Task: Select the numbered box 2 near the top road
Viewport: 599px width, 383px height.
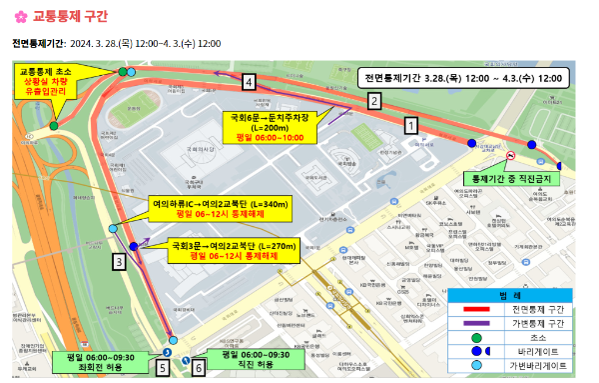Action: pyautogui.click(x=374, y=100)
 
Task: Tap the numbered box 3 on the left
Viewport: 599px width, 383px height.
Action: pyautogui.click(x=119, y=262)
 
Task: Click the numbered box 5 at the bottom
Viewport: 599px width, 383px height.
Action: pyautogui.click(x=163, y=367)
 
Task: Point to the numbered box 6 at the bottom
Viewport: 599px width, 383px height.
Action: pyautogui.click(x=199, y=367)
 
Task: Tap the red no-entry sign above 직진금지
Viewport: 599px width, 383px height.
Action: pyautogui.click(x=510, y=157)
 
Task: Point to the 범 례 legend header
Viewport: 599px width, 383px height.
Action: pyautogui.click(x=509, y=295)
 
